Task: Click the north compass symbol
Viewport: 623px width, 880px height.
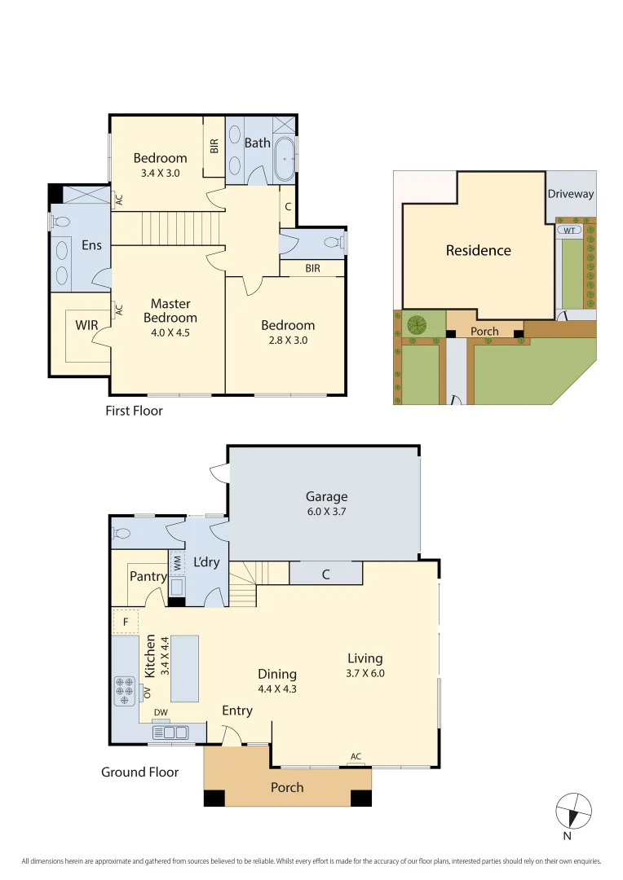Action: (573, 811)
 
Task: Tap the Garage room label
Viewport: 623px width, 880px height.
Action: (326, 496)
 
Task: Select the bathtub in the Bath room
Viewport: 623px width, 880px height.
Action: (284, 159)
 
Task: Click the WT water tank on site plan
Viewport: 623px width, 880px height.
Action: (568, 231)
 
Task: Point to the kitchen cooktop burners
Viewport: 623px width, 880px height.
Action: (125, 690)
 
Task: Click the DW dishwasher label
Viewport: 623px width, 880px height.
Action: (161, 711)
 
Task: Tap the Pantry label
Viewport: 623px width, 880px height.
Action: (148, 576)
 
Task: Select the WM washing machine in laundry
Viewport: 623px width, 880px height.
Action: (177, 562)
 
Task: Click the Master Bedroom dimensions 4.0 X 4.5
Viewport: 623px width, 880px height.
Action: (170, 332)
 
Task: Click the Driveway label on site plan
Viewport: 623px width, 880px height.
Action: (571, 194)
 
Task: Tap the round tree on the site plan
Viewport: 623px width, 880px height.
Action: (417, 324)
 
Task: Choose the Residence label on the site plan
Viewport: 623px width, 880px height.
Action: (478, 250)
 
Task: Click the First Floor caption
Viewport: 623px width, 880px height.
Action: (134, 411)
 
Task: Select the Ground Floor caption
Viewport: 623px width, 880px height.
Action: (139, 772)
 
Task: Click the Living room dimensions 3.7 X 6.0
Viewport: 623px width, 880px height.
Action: (365, 673)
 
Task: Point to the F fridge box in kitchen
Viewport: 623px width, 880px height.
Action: (125, 622)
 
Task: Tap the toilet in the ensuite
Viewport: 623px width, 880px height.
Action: (60, 221)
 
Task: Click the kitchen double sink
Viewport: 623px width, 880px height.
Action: (168, 733)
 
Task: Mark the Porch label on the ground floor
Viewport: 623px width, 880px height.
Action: (287, 787)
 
